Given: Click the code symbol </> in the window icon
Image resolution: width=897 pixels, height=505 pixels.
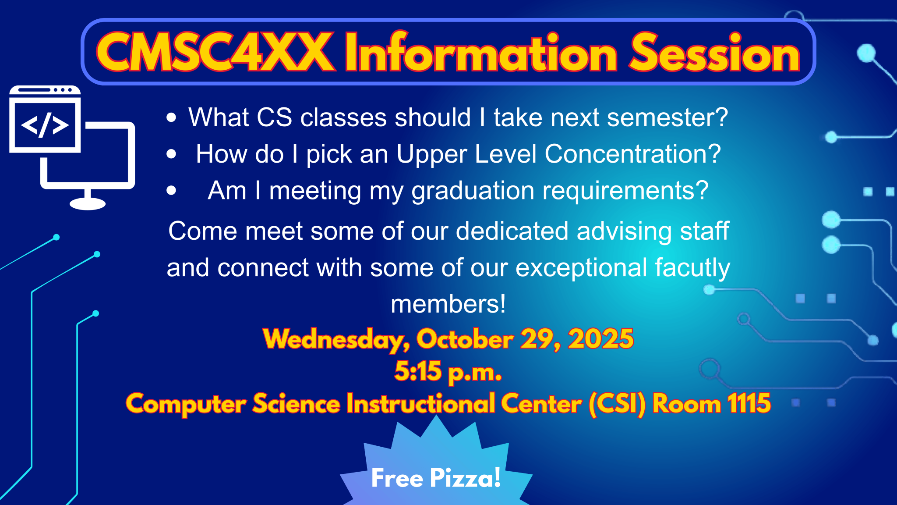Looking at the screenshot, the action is pyautogui.click(x=45, y=125).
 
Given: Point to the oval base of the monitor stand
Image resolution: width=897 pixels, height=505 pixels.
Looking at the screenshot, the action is pyautogui.click(x=88, y=203).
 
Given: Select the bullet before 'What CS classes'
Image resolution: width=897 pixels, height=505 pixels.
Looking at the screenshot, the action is pyautogui.click(x=171, y=117).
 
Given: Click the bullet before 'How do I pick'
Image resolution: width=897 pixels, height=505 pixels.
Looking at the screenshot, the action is pyautogui.click(x=171, y=154).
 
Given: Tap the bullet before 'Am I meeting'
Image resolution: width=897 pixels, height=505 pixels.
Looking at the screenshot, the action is pyautogui.click(x=171, y=190).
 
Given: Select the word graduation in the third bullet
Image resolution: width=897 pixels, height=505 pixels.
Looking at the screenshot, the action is pyautogui.click(x=473, y=192).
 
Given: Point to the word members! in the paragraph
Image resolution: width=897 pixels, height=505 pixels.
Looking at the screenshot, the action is pyautogui.click(x=448, y=304).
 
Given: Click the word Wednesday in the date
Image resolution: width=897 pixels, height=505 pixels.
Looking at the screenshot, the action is pyautogui.click(x=337, y=339).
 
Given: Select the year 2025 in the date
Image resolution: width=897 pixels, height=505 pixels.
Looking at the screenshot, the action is pyautogui.click(x=601, y=338).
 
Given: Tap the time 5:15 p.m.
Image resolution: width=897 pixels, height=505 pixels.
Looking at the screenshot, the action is pyautogui.click(x=448, y=372).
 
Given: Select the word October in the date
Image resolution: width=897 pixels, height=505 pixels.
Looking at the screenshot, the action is pyautogui.click(x=465, y=339).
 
